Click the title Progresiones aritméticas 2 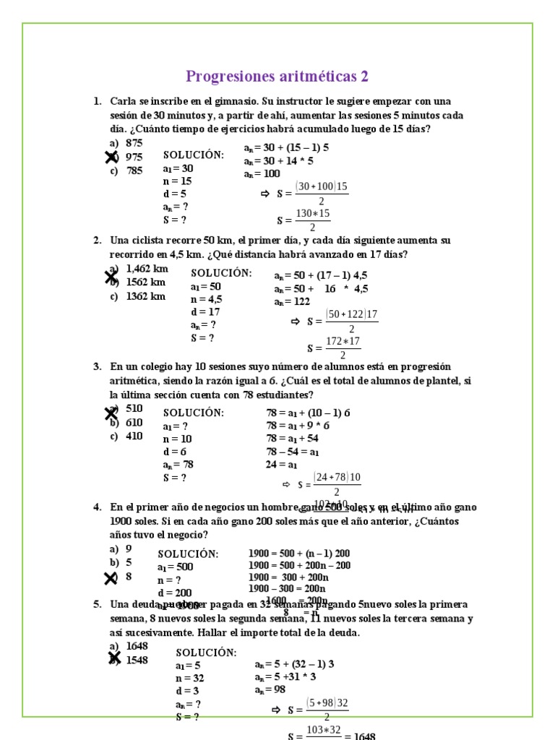pyautogui.click(x=277, y=77)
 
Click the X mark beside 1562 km pyautogui.click(x=111, y=277)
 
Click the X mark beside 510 pyautogui.click(x=111, y=413)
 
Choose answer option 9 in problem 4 pyautogui.click(x=129, y=548)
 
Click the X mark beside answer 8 pyautogui.click(x=111, y=578)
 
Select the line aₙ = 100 pyautogui.click(x=262, y=174)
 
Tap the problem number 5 pyautogui.click(x=97, y=605)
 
